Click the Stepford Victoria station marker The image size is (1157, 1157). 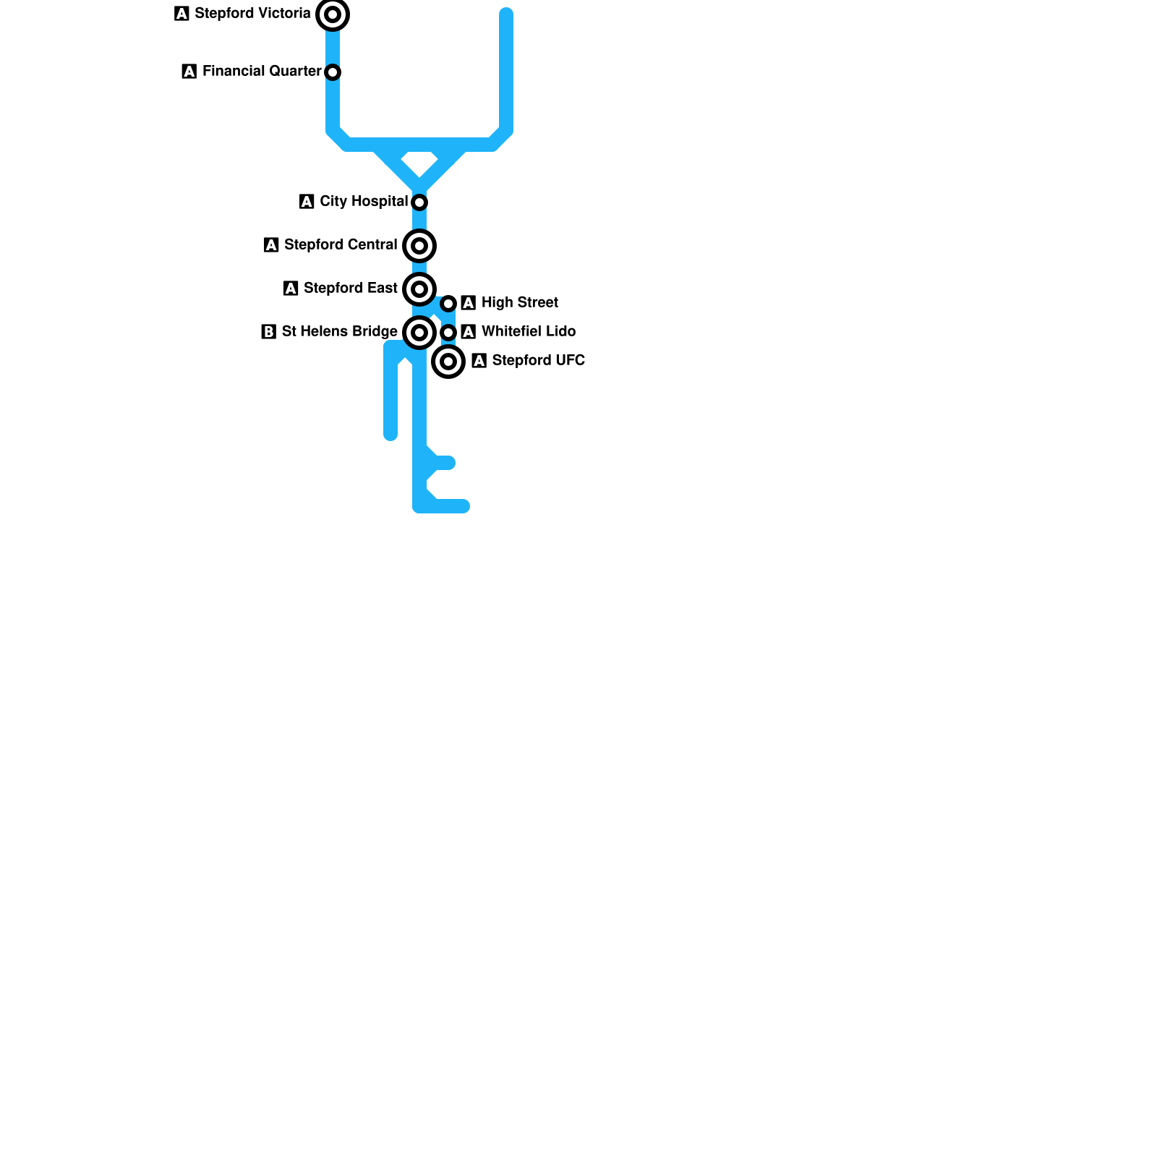pyautogui.click(x=333, y=14)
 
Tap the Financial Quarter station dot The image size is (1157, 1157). pyautogui.click(x=333, y=72)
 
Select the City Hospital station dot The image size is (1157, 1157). pyautogui.click(x=419, y=202)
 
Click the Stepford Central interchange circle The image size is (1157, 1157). pyautogui.click(x=419, y=246)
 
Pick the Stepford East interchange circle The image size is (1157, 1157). pyautogui.click(x=419, y=289)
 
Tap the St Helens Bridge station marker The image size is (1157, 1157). pyautogui.click(x=419, y=333)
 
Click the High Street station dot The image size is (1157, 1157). pyautogui.click(x=448, y=304)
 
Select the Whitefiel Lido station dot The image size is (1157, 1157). pyautogui.click(x=448, y=333)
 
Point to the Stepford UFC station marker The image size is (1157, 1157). pyautogui.click(x=448, y=362)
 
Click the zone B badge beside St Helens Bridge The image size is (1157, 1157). pyautogui.click(x=268, y=332)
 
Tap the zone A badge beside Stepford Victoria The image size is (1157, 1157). pyautogui.click(x=182, y=14)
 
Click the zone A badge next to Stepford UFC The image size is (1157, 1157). pyautogui.click(x=479, y=361)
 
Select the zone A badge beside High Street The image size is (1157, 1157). pyautogui.click(x=468, y=303)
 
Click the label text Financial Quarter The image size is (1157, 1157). pyautogui.click(x=262, y=71)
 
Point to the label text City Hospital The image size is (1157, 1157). pyautogui.click(x=364, y=201)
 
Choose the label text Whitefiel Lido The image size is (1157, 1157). pyautogui.click(x=529, y=331)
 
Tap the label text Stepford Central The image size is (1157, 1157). pyautogui.click(x=341, y=244)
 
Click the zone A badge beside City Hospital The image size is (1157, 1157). pyautogui.click(x=307, y=202)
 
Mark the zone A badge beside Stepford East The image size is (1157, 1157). pyautogui.click(x=291, y=289)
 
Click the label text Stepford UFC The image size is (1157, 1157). pyautogui.click(x=539, y=360)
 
